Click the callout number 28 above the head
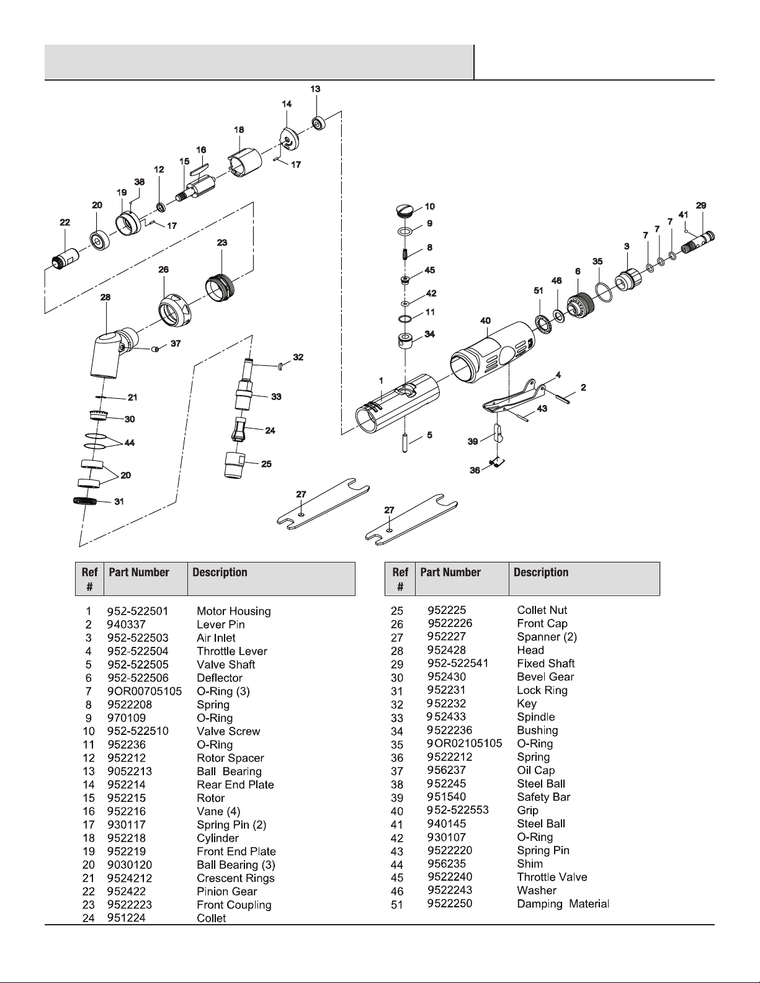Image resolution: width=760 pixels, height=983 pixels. (x=105, y=297)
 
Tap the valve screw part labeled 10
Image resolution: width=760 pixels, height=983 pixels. (x=405, y=211)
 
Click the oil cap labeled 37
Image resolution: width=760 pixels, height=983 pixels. (x=155, y=349)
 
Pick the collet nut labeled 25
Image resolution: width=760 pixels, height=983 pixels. (x=235, y=465)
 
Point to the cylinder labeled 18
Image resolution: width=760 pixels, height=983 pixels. (x=244, y=162)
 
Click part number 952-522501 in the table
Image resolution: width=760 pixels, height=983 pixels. (x=138, y=611)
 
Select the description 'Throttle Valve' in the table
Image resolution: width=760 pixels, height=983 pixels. (x=552, y=877)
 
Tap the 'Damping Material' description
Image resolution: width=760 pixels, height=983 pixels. (x=563, y=904)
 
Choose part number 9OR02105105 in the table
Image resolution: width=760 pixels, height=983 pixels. (x=465, y=744)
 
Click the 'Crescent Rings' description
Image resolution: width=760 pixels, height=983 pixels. (x=236, y=878)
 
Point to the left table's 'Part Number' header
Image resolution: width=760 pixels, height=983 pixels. (x=139, y=572)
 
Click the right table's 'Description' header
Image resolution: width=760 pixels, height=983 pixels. (x=541, y=572)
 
